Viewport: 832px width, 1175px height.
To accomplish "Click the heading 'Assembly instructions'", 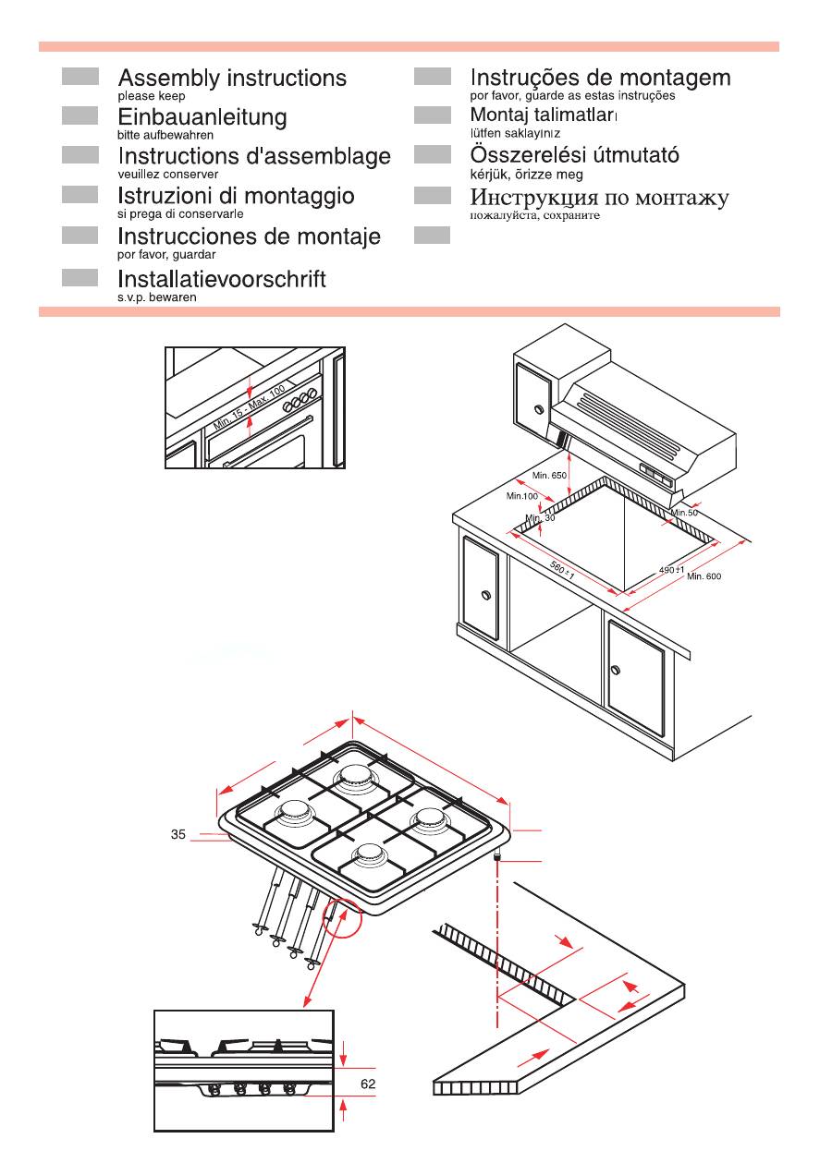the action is pyautogui.click(x=232, y=79).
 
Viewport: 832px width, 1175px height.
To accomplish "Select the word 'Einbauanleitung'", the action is pyautogui.click(x=202, y=117).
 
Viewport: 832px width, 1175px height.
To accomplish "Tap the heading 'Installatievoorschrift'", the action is pyautogui.click(x=222, y=279).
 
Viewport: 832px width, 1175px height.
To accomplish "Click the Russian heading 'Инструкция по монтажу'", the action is pyautogui.click(x=599, y=198).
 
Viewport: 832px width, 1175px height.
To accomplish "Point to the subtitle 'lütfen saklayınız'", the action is pyautogui.click(x=515, y=133).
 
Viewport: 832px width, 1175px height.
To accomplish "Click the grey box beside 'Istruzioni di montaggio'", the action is pyautogui.click(x=80, y=195).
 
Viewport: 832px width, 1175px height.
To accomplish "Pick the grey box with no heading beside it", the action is pyautogui.click(x=432, y=235).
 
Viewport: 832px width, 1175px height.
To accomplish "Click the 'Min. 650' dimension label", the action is pyautogui.click(x=550, y=475).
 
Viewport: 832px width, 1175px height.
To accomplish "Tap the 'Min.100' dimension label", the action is pyautogui.click(x=521, y=496).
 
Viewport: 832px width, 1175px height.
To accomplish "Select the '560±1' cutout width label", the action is pyautogui.click(x=562, y=569).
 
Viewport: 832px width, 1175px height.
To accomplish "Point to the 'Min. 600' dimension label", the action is pyautogui.click(x=704, y=576).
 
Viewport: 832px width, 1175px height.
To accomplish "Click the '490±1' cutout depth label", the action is pyautogui.click(x=671, y=570).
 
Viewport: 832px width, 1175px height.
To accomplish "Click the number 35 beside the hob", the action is pyautogui.click(x=177, y=834).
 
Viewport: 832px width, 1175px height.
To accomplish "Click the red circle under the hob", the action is pyautogui.click(x=342, y=916).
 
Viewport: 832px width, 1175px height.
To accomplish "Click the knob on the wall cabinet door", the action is pyautogui.click(x=539, y=409).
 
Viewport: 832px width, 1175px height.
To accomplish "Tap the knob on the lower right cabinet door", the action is pyautogui.click(x=615, y=670).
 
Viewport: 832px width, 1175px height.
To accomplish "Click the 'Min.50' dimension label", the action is pyautogui.click(x=684, y=513).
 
